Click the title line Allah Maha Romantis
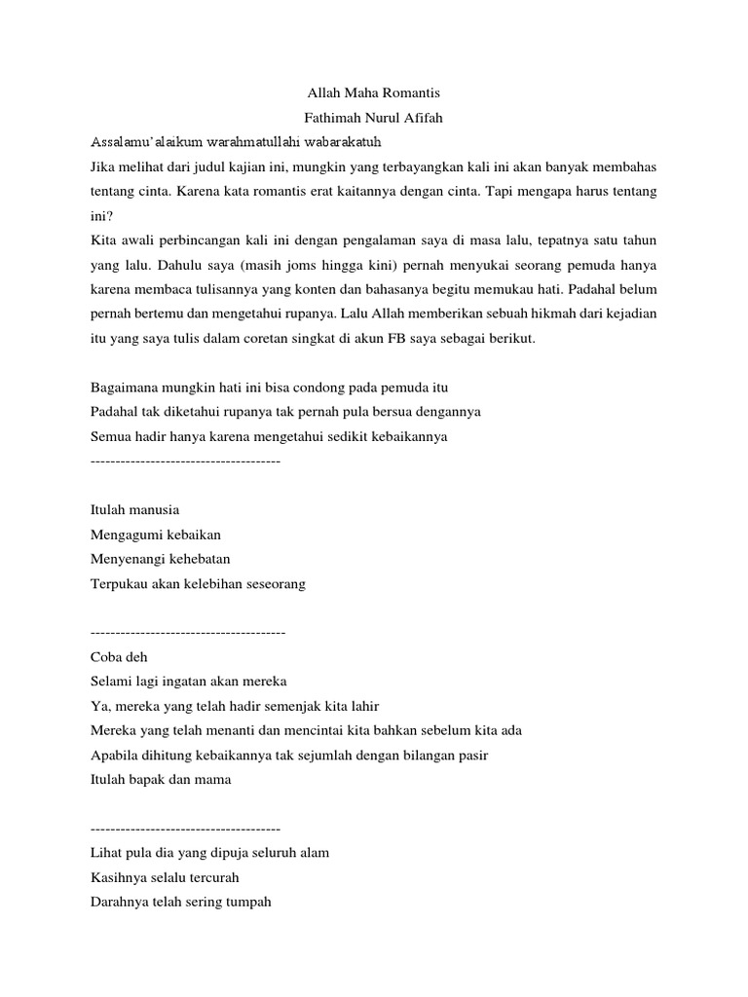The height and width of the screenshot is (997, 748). click(374, 93)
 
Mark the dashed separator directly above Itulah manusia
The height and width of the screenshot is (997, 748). click(184, 459)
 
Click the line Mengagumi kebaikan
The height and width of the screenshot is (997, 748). click(156, 535)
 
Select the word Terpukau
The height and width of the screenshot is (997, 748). click(119, 583)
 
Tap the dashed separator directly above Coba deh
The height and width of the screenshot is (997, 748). click(187, 631)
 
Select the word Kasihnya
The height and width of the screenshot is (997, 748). click(119, 877)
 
